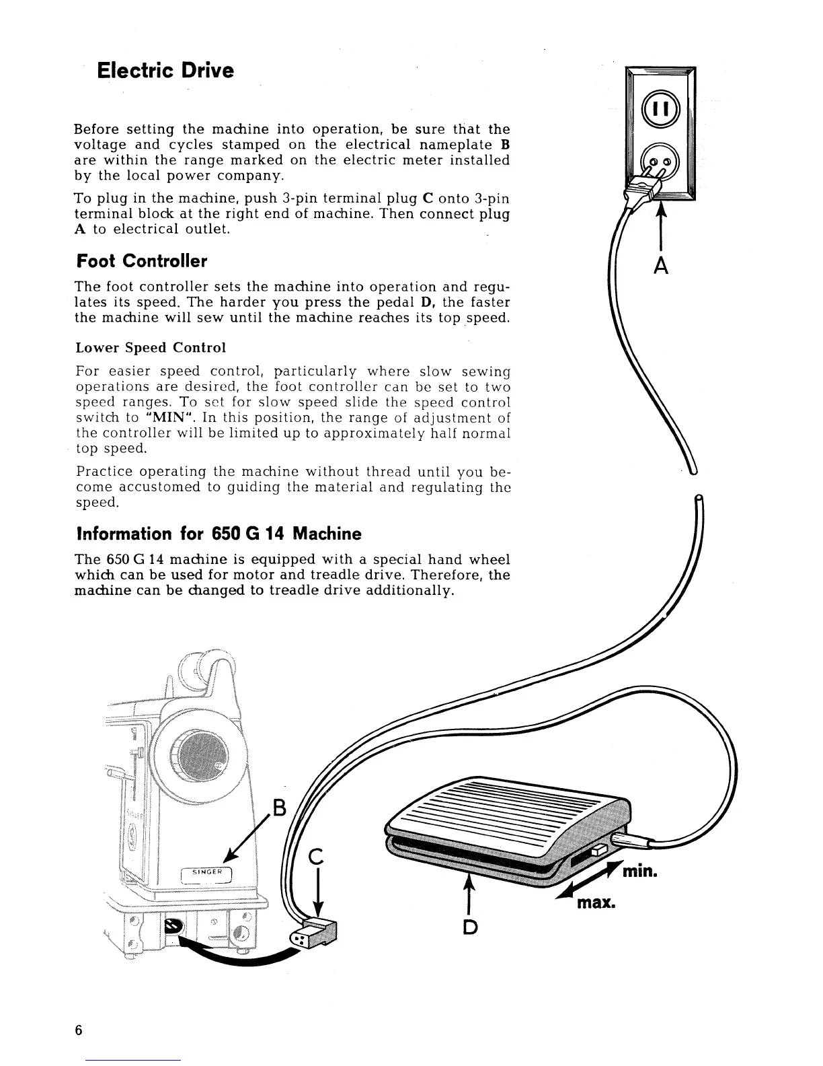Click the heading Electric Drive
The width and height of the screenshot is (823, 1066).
pos(165,71)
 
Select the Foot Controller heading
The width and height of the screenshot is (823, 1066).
pos(141,260)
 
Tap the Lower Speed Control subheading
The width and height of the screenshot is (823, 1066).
pos(151,348)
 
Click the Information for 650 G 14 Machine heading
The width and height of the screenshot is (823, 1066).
pos(219,534)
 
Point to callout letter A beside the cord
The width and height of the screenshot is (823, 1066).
pos(662,267)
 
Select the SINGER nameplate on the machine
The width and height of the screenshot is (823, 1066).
pos(206,874)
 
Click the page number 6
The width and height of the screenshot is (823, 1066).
pos(79,1030)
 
